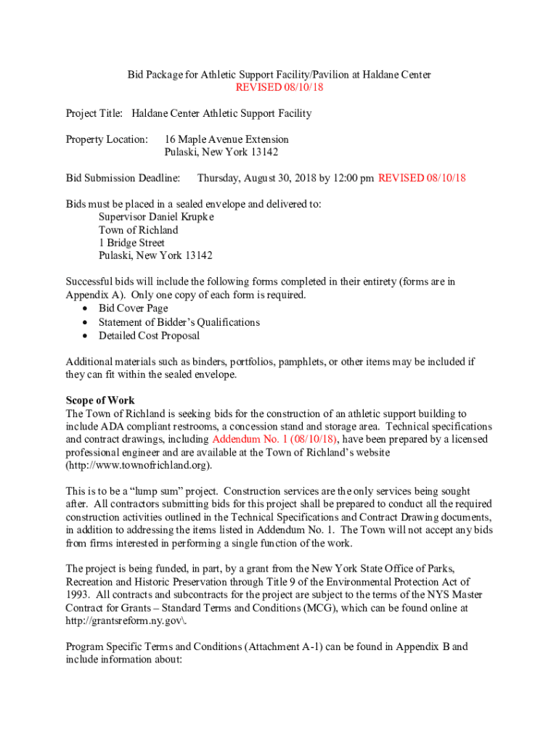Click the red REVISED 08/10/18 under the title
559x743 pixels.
(x=279, y=87)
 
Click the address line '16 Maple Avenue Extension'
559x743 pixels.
(x=227, y=139)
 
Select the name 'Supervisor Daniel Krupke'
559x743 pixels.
(x=156, y=217)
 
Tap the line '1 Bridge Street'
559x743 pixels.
(x=131, y=243)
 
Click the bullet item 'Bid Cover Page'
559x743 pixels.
(x=133, y=308)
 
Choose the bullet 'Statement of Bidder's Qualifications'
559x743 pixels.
(x=179, y=321)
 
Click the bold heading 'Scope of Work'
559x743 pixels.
(x=100, y=401)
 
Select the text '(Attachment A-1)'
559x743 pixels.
(x=241, y=646)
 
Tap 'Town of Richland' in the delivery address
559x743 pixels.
(x=138, y=230)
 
